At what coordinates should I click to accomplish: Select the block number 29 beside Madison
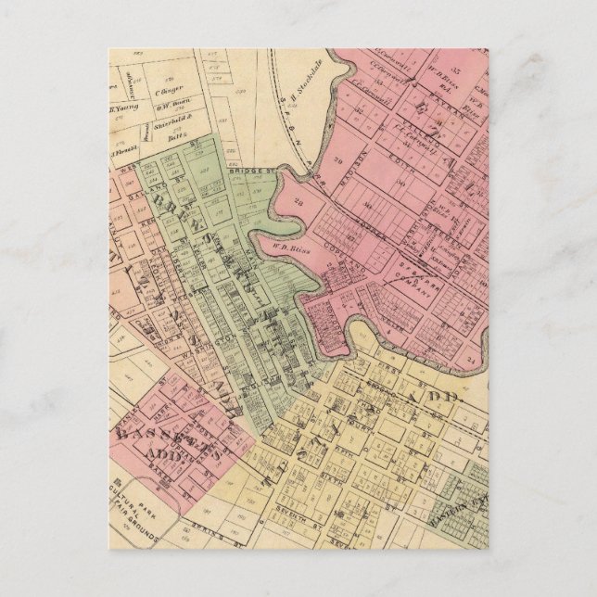pyautogui.click(x=298, y=200)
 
